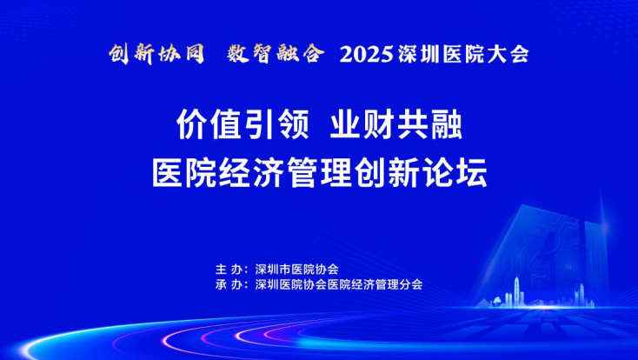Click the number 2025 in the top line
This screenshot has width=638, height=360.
point(366,55)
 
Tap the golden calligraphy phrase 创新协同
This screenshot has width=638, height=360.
point(156,54)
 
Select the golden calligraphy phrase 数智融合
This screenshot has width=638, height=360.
point(276,54)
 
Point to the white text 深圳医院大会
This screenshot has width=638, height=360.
point(463,55)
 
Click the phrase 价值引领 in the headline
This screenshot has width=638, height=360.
point(243,125)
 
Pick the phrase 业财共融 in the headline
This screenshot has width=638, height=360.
point(395,125)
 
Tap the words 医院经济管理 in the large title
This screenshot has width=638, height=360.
point(252,173)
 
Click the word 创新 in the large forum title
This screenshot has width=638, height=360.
point(387,173)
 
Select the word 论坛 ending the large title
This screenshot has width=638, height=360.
point(455,173)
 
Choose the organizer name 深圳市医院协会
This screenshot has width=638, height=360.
point(296,270)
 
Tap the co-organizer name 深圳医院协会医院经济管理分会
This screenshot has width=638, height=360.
point(338,284)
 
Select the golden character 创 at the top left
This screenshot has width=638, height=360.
point(120,54)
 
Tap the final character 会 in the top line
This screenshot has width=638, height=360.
point(519,55)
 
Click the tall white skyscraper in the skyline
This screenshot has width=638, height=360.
point(517,290)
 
